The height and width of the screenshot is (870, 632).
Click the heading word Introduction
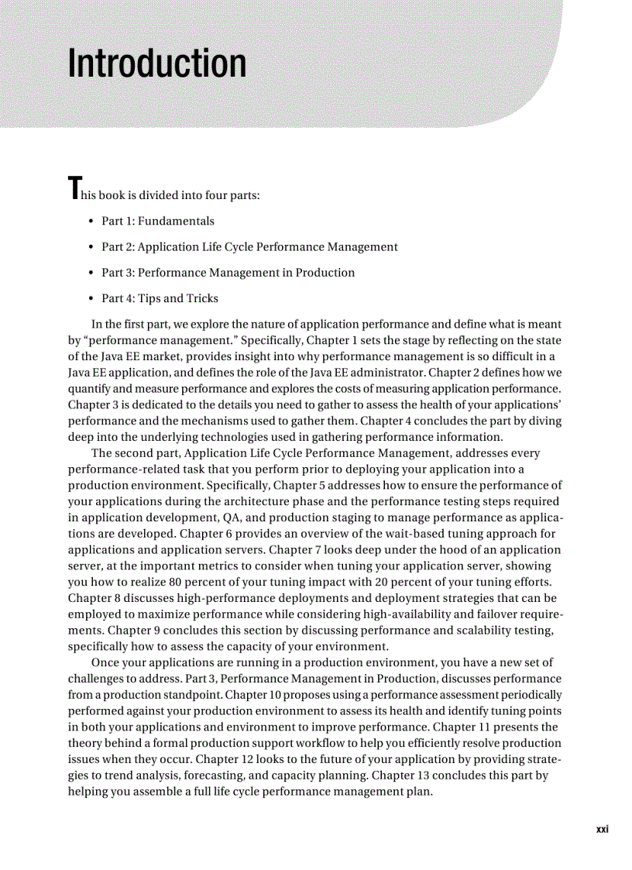click(157, 64)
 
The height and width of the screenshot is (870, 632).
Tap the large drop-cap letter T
click(74, 189)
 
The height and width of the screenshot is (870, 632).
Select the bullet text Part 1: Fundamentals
click(158, 222)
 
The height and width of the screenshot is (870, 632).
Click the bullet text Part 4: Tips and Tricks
click(160, 299)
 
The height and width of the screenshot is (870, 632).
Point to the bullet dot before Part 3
click(92, 273)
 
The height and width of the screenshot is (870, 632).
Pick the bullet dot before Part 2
click(92, 248)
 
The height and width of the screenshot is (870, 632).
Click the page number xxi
click(603, 829)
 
